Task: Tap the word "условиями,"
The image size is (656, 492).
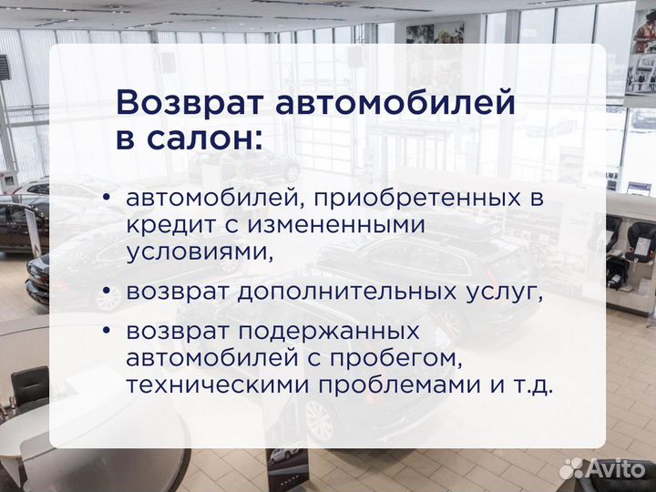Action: coord(200,251)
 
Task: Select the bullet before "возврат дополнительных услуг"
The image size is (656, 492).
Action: coord(108,292)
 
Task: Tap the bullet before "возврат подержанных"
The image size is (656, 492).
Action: coord(108,331)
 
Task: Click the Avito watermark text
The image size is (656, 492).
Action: coord(616,468)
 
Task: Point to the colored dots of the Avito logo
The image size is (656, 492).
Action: coord(571,468)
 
